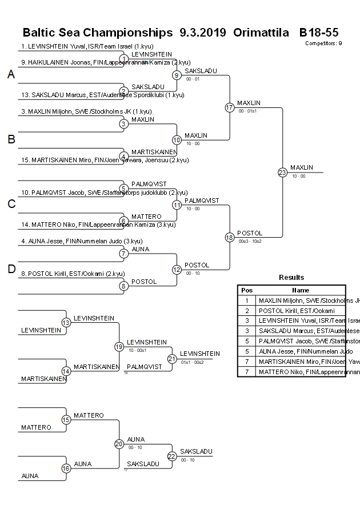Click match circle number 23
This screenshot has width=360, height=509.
pyautogui.click(x=282, y=172)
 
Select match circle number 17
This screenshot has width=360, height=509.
pyautogui.click(x=230, y=107)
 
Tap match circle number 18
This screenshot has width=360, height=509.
pyautogui.click(x=230, y=237)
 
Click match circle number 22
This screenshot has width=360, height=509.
pyautogui.click(x=172, y=456)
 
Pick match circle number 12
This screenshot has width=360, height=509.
pyautogui.click(x=177, y=270)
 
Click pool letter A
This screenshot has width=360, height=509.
pyautogui.click(x=11, y=74)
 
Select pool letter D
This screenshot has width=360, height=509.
pyautogui.click(x=11, y=269)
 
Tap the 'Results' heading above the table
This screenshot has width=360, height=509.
pyautogui.click(x=291, y=277)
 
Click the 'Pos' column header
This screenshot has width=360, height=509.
pyautogui.click(x=246, y=290)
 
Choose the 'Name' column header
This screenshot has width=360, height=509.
pyautogui.click(x=301, y=290)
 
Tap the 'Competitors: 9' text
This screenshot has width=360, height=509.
pyautogui.click(x=323, y=43)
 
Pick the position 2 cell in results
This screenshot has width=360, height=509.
pyautogui.click(x=246, y=310)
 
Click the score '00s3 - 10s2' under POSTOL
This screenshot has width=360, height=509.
pyautogui.click(x=250, y=241)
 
